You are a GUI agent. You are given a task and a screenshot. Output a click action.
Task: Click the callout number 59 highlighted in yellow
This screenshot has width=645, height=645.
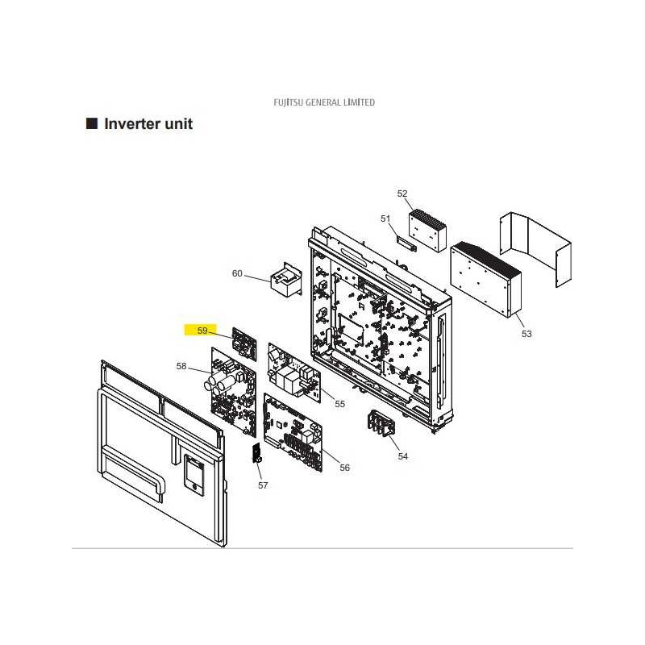coord(202,331)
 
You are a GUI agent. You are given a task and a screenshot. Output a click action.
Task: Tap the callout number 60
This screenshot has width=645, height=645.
coord(237,273)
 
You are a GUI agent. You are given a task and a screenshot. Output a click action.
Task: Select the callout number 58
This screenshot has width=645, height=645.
coord(181,366)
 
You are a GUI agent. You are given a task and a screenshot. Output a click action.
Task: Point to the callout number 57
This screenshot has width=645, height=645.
coord(263,485)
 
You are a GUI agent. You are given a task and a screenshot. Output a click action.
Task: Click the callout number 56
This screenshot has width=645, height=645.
coord(345,468)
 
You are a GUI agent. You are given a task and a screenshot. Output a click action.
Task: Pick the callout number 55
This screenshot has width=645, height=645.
coord(339,404)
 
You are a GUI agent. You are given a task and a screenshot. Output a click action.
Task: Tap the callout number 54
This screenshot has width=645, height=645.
coord(402,456)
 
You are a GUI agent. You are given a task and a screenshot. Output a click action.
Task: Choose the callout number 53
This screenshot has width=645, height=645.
coord(526,334)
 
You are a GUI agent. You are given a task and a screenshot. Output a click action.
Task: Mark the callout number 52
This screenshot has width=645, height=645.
coord(402,193)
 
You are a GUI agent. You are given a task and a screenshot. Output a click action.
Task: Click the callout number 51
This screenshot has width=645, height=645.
coord(385,218)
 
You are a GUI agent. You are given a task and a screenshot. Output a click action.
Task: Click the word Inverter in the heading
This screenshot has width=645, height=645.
coord(131,124)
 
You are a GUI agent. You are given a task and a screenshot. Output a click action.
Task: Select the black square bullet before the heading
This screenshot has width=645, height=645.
coord(92,123)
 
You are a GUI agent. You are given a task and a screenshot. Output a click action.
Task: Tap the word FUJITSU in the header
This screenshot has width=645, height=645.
coord(289,102)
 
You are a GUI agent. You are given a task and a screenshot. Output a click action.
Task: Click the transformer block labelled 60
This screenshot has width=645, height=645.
coord(286,279)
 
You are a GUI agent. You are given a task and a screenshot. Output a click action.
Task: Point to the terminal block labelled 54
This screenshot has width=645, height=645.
coord(381,423)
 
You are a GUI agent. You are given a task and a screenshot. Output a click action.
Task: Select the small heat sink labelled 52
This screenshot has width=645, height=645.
coord(427,231)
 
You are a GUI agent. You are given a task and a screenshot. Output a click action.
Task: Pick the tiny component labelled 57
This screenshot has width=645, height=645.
coord(257,453)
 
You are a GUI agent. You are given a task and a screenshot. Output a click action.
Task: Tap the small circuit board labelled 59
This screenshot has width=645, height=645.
coord(244,344)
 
